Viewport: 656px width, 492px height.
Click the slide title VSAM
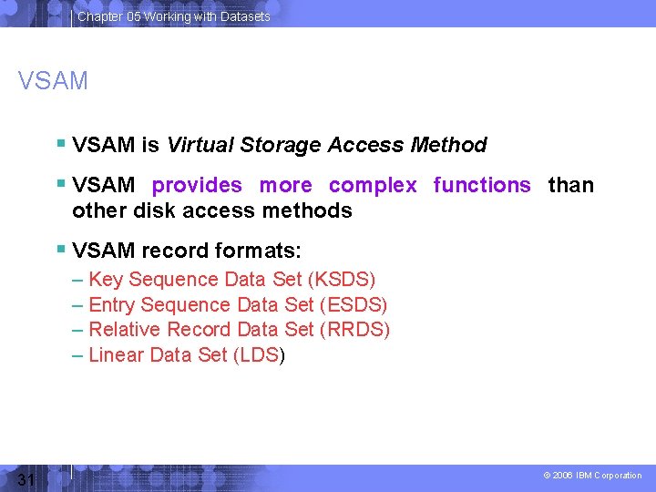click(x=53, y=81)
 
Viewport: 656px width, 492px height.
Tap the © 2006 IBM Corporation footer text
click(x=592, y=476)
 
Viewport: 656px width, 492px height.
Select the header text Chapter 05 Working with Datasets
click(x=173, y=16)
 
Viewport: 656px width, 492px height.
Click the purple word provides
click(x=197, y=185)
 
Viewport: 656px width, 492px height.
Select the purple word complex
click(x=373, y=185)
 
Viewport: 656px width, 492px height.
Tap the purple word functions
click(x=481, y=185)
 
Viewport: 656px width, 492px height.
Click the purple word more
click(x=285, y=185)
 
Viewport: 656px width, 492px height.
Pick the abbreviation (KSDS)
click(x=342, y=280)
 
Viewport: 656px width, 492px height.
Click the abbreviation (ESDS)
click(x=354, y=305)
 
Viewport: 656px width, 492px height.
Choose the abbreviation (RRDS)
click(x=355, y=330)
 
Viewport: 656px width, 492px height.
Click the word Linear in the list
click(x=117, y=355)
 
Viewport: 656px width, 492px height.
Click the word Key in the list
click(x=106, y=280)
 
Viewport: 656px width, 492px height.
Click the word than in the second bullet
click(x=570, y=185)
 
